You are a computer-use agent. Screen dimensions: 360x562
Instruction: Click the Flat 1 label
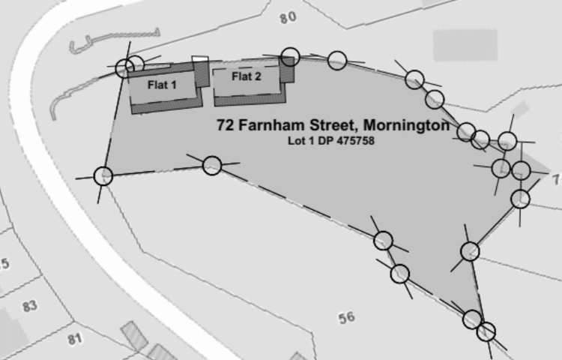tap(162, 85)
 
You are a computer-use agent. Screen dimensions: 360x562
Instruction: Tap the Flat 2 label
tap(246, 76)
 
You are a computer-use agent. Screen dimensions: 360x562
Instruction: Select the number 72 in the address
tap(225, 125)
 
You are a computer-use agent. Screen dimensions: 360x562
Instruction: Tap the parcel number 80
tap(288, 17)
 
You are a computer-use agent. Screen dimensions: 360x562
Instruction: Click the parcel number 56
tap(345, 317)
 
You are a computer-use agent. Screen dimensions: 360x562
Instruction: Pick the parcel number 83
tap(30, 306)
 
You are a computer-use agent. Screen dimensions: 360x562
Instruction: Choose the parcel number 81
tap(73, 339)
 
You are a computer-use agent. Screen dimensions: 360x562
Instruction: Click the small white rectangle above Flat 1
tap(199, 58)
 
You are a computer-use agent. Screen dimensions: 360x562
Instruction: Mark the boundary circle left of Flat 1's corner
tap(124, 69)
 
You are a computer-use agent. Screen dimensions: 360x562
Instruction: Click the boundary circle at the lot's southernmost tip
tap(486, 331)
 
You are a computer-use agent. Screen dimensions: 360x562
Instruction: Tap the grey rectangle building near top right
tap(465, 45)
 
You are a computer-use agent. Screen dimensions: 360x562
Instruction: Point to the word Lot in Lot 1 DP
tap(296, 140)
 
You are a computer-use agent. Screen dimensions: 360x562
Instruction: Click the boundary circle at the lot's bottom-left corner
tap(103, 176)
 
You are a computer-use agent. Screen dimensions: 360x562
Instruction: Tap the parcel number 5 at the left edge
tap(4, 264)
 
